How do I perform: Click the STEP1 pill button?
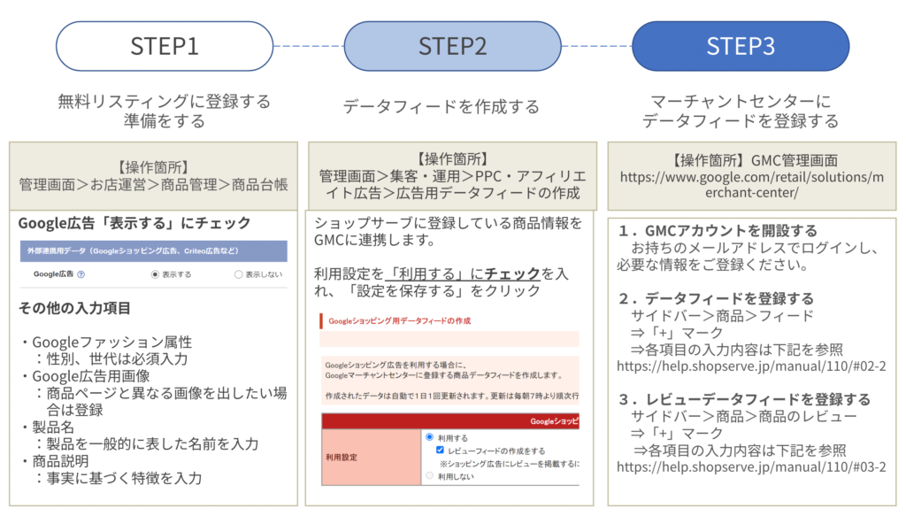pyautogui.click(x=165, y=46)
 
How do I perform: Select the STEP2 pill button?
pyautogui.click(x=452, y=46)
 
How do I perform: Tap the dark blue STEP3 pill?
pyautogui.click(x=741, y=46)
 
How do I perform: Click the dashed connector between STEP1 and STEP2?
pyautogui.click(x=308, y=46)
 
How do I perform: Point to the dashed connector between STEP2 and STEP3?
pyautogui.click(x=596, y=46)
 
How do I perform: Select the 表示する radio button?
pyautogui.click(x=156, y=274)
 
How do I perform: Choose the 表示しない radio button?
pyautogui.click(x=238, y=274)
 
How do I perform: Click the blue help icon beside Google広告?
pyautogui.click(x=81, y=274)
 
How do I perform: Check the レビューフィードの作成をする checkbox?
pyautogui.click(x=440, y=450)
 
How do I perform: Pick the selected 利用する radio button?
pyautogui.click(x=430, y=437)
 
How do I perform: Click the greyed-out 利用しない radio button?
pyautogui.click(x=430, y=475)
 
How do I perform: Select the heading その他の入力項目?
pyautogui.click(x=74, y=309)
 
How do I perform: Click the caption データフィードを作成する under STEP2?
pyautogui.click(x=441, y=107)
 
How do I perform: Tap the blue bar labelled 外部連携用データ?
pyautogui.click(x=152, y=251)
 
